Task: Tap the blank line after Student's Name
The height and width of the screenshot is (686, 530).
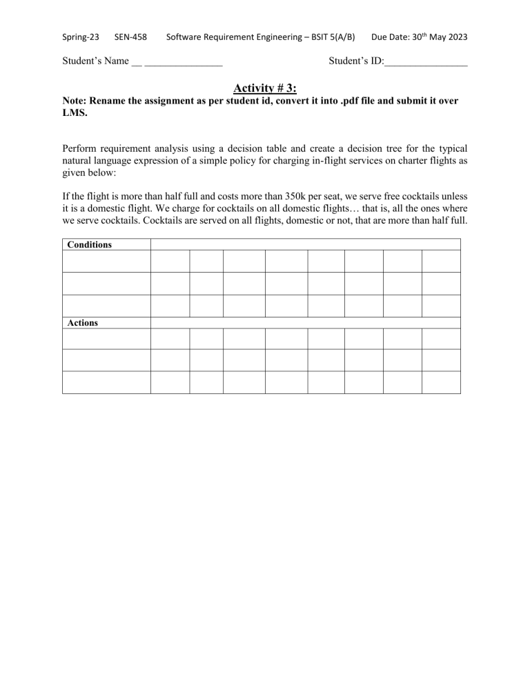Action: [183, 62]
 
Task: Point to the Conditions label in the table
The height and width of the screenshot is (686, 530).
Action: [89, 245]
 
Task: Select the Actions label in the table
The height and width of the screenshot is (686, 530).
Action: [82, 323]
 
